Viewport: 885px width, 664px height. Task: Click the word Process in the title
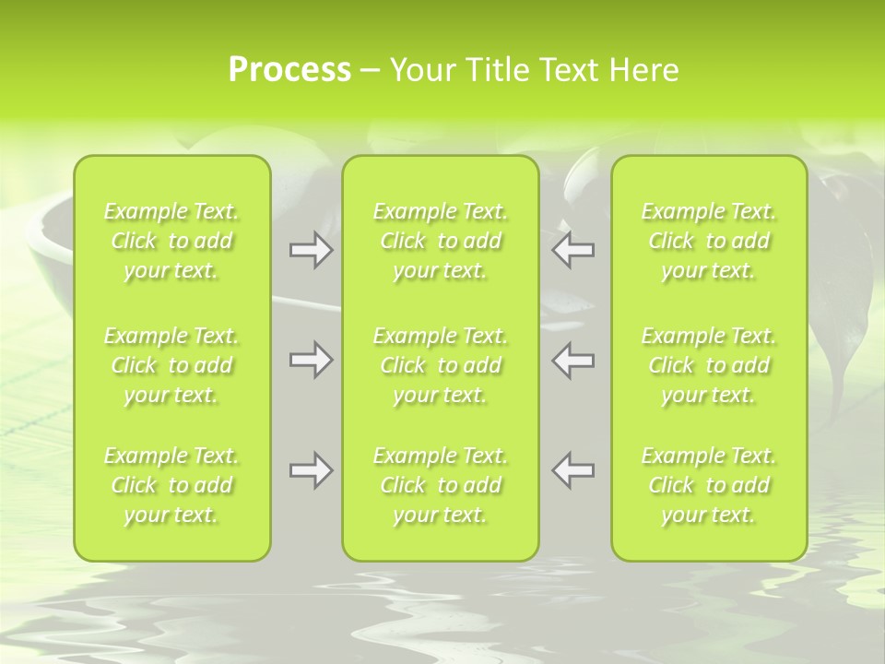[x=289, y=70]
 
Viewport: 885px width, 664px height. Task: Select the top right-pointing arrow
[x=311, y=250]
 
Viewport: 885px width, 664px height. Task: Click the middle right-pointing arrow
[x=311, y=360]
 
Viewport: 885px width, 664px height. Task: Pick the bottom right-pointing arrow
[x=311, y=470]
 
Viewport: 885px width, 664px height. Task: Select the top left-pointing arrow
[x=572, y=250]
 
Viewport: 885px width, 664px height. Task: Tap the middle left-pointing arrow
[x=572, y=360]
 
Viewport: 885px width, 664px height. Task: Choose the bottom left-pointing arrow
[x=572, y=470]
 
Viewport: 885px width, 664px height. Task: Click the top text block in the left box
[x=171, y=241]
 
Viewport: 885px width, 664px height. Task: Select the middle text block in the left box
[x=171, y=365]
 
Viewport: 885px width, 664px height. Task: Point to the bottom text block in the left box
[x=171, y=485]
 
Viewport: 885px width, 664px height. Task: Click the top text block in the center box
[x=441, y=241]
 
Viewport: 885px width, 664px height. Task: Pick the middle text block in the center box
[x=441, y=365]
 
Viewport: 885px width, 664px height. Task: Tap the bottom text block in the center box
[x=441, y=485]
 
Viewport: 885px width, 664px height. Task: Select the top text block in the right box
[x=709, y=241]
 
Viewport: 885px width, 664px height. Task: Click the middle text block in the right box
[x=709, y=365]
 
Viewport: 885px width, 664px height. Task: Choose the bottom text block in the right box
[x=709, y=485]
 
